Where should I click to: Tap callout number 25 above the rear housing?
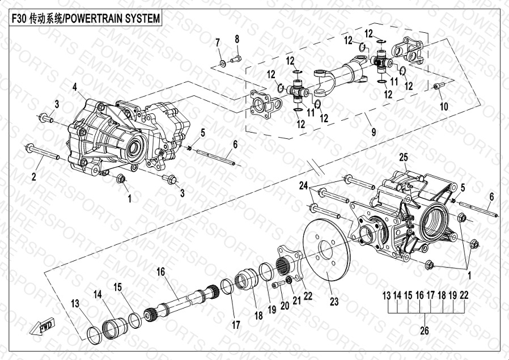pos(403,156)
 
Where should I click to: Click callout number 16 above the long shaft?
pos(160,272)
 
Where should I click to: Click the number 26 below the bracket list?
pos(424,331)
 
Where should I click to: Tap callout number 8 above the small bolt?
pos(237,39)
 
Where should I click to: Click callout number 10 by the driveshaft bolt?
pos(443,106)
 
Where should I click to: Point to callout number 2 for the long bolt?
pos(33,177)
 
